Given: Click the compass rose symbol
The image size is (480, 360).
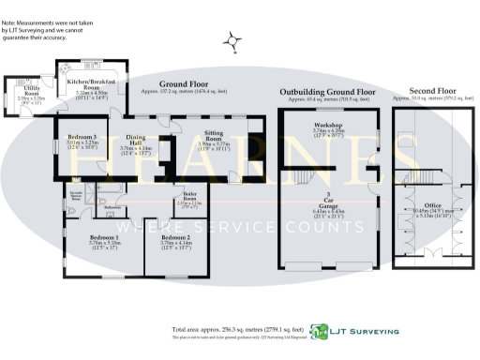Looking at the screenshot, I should click(232, 40).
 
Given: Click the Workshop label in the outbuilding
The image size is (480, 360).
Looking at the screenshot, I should click(327, 129).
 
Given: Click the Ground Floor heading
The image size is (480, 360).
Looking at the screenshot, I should click(182, 83).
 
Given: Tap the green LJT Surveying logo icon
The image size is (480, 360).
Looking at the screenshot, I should click(321, 331).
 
